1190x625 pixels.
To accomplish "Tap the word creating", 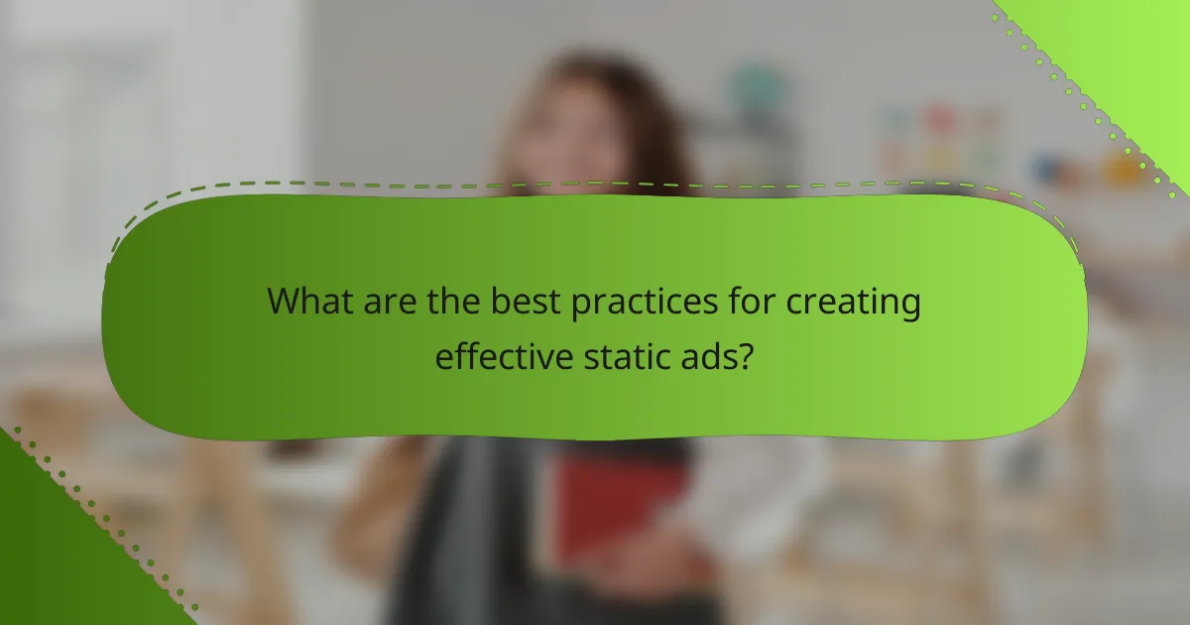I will [x=856, y=302].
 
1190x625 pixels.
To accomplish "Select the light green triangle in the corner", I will [x=1130, y=50].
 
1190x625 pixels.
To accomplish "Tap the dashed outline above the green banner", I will [x=595, y=184].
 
